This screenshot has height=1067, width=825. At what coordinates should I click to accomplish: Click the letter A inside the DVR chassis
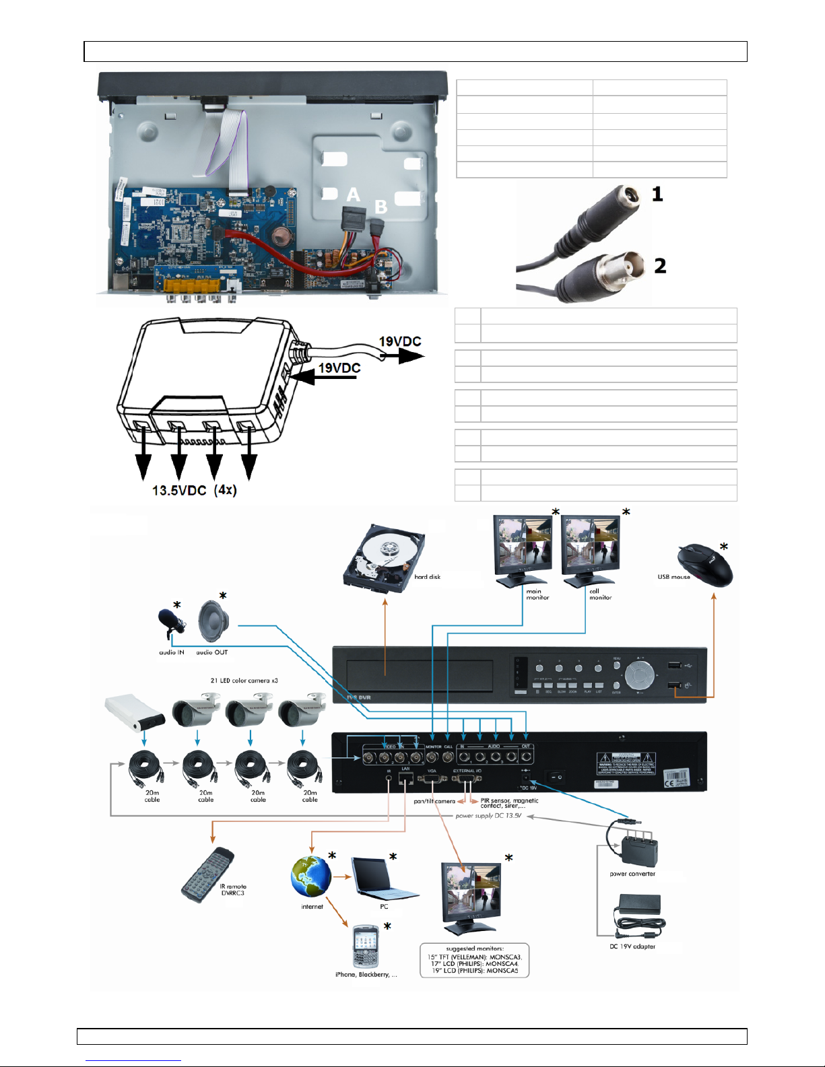[x=353, y=195]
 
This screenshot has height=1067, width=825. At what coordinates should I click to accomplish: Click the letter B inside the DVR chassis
[x=381, y=207]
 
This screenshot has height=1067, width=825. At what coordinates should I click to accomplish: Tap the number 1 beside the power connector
[x=657, y=194]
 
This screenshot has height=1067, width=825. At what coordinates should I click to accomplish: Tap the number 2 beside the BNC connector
[x=660, y=265]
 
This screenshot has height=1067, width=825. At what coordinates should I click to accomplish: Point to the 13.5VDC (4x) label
[x=194, y=490]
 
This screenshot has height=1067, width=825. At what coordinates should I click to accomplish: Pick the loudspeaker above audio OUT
[x=214, y=621]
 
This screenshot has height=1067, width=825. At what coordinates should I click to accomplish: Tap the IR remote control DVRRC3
[x=207, y=875]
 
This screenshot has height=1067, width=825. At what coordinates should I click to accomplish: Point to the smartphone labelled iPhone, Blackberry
[x=366, y=946]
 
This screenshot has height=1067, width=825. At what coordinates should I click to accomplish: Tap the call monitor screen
[x=590, y=544]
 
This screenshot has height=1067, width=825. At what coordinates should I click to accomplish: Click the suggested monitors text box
[x=474, y=960]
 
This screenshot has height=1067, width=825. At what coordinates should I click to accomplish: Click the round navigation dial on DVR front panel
[x=639, y=674]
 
